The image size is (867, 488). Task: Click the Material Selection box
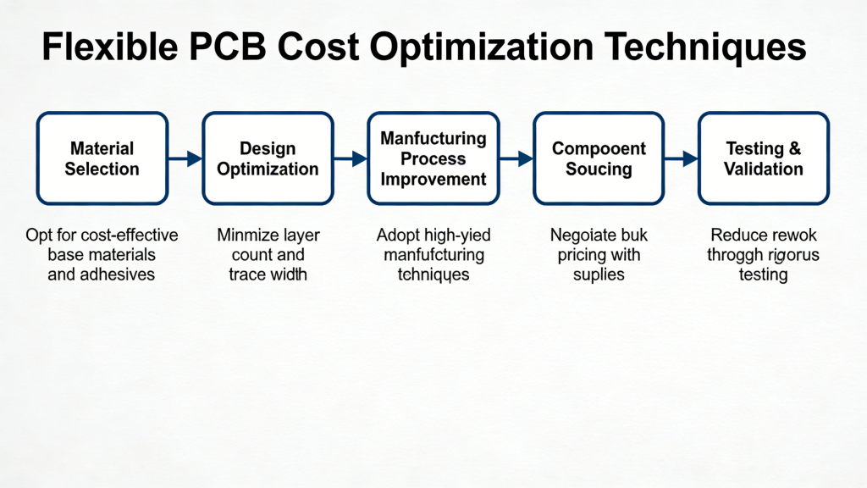pyautogui.click(x=102, y=158)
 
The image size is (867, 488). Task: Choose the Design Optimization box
pyautogui.click(x=268, y=158)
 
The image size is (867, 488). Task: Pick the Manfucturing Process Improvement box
pyautogui.click(x=433, y=158)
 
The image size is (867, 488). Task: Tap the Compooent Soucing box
pyautogui.click(x=599, y=158)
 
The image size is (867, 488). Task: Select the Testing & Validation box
pyautogui.click(x=764, y=158)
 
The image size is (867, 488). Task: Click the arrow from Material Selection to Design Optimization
pyautogui.click(x=185, y=158)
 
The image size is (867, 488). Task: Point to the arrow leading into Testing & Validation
pyautogui.click(x=681, y=158)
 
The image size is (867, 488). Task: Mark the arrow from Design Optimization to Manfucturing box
pyautogui.click(x=350, y=158)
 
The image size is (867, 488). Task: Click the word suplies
pyautogui.click(x=599, y=274)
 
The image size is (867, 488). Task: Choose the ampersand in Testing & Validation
pyautogui.click(x=793, y=149)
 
